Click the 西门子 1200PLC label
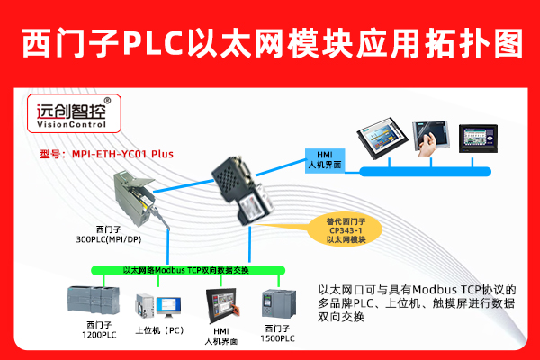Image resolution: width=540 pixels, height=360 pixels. pyautogui.click(x=100, y=330)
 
